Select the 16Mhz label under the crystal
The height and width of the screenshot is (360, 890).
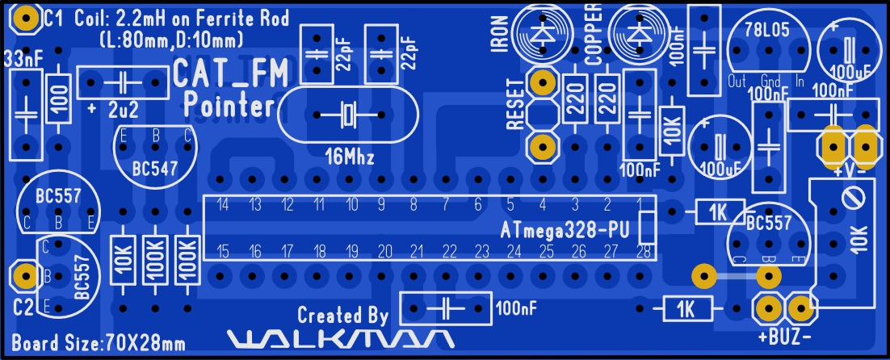click(348, 157)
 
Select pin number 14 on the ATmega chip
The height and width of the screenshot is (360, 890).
click(222, 204)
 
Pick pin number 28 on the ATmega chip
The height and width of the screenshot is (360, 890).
click(644, 251)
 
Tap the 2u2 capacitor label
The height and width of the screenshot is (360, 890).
click(124, 108)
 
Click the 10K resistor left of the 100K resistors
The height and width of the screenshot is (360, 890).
click(123, 260)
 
